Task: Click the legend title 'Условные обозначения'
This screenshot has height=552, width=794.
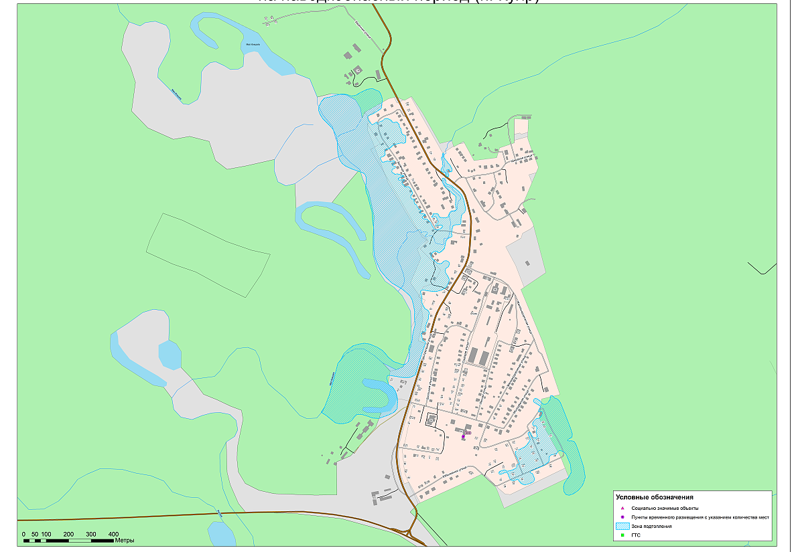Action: (653, 498)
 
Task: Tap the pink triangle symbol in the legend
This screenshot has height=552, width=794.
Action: (622, 509)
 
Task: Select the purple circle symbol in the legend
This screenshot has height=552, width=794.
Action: (622, 518)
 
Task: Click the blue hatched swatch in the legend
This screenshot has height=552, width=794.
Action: (622, 527)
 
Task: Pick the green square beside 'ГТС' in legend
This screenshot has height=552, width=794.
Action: (622, 535)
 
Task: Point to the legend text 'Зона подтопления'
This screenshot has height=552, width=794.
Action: (651, 527)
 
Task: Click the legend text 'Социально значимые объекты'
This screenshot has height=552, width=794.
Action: (665, 509)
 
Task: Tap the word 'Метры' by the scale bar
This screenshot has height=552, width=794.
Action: (125, 540)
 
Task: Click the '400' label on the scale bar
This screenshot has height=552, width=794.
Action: (113, 534)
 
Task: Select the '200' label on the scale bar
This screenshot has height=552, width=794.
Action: (68, 534)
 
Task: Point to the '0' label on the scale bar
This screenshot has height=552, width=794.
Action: (23, 534)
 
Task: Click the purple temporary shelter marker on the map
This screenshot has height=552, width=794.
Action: (463, 436)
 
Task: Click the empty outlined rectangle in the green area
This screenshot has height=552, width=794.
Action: (208, 254)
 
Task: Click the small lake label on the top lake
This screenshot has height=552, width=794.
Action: (253, 45)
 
